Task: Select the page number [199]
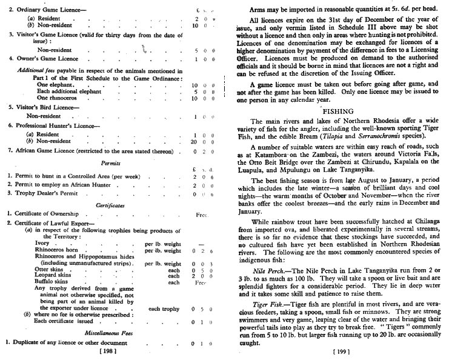click(x=342, y=350)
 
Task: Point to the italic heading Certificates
click(x=115, y=205)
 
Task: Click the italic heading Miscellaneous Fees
click(x=114, y=332)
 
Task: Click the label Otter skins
click(x=50, y=267)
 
